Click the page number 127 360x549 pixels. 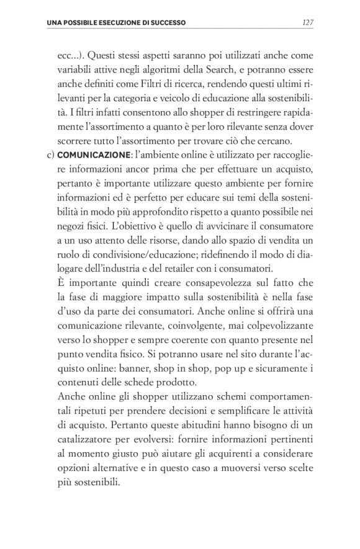(x=306, y=23)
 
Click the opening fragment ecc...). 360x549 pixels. (x=69, y=54)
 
